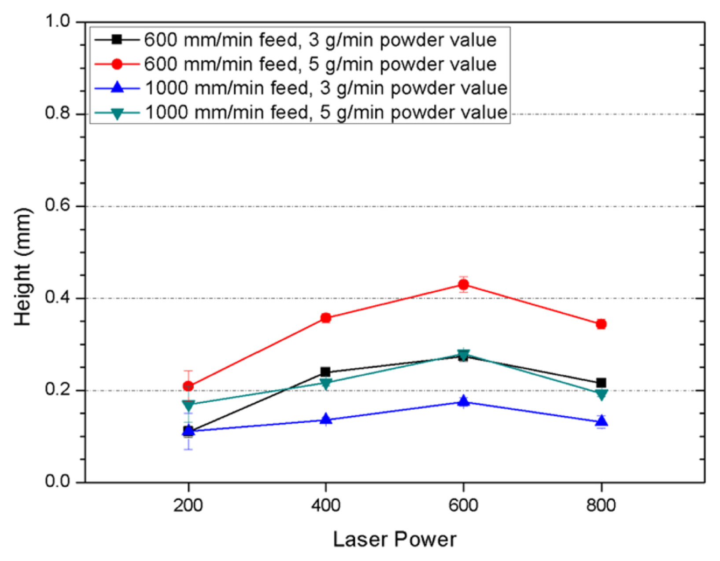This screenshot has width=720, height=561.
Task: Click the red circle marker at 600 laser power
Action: tap(463, 285)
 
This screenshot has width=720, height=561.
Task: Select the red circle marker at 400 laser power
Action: tap(326, 318)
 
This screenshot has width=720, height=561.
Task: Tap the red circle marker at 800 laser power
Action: tap(601, 324)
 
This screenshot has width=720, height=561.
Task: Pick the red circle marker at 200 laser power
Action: tap(188, 386)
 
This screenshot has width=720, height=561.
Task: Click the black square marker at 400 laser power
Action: tap(326, 372)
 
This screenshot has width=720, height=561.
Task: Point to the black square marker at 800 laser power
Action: tap(601, 383)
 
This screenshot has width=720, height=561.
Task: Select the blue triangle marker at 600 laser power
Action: tap(463, 401)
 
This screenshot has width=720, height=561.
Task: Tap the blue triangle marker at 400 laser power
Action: tap(326, 418)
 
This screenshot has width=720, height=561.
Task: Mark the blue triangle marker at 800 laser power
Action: tap(601, 422)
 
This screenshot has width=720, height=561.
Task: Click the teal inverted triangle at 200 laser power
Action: tap(188, 405)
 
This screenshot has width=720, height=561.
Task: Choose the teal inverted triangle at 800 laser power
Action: tap(601, 394)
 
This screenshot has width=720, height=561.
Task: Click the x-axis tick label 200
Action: tap(188, 505)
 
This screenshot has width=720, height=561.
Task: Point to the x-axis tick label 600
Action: tap(463, 505)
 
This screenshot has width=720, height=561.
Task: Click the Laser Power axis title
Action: tap(395, 539)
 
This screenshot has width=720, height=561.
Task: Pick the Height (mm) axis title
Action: tap(22, 267)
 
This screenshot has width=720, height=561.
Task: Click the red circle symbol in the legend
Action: tap(117, 64)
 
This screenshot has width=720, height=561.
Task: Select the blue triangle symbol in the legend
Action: tap(117, 88)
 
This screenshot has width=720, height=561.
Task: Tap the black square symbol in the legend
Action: tap(117, 40)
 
